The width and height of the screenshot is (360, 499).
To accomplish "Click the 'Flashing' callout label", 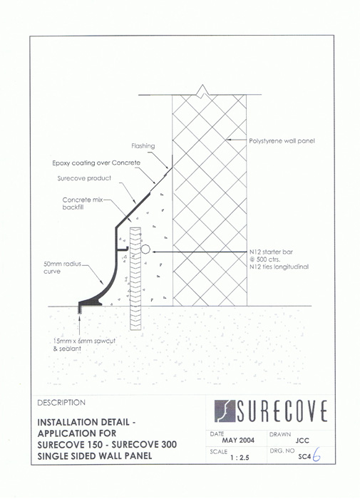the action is click(143, 146).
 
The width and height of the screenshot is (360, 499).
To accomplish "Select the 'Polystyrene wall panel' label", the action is click(282, 140).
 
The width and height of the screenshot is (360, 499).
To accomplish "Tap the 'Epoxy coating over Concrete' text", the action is click(96, 163).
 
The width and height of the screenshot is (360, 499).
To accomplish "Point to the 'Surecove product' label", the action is click(84, 178).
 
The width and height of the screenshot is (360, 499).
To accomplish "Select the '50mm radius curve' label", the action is click(63, 267).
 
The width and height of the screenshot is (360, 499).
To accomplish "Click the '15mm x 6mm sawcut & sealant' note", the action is click(84, 344).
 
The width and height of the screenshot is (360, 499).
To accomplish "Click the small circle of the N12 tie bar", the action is click(145, 249).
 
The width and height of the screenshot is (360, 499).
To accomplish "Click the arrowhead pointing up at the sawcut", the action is click(79, 317).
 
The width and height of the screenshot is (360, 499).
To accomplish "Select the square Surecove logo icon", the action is click(225, 411).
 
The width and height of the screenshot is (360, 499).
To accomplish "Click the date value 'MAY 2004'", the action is click(238, 441).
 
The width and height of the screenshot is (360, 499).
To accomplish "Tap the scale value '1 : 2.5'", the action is click(240, 458).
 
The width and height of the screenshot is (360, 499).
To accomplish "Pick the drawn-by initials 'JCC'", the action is click(302, 441).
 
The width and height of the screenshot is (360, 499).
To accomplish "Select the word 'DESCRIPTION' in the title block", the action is click(61, 403).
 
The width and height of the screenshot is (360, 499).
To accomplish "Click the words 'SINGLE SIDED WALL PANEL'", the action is click(95, 456).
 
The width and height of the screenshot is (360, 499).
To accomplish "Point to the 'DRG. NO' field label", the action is click(282, 451).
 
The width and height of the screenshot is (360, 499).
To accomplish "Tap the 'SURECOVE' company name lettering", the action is click(282, 411).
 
